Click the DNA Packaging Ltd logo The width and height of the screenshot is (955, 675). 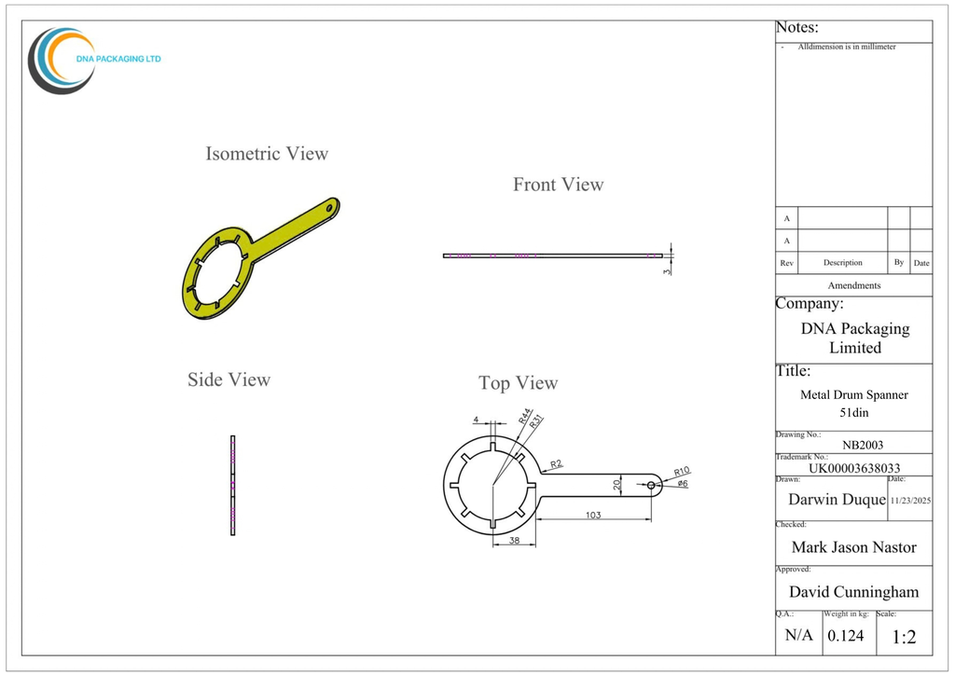(x=93, y=60)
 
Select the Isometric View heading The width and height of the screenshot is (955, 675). (x=267, y=154)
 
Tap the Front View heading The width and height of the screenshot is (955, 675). (x=558, y=185)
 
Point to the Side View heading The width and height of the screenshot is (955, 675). (x=229, y=379)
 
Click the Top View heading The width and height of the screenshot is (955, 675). (x=519, y=383)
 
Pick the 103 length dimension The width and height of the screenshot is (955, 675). (x=593, y=515)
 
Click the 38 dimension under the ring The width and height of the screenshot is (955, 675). (x=515, y=540)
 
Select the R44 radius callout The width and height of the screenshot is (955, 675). (x=525, y=416)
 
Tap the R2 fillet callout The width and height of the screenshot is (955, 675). (x=556, y=463)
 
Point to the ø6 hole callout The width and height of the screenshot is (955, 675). (x=682, y=483)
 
